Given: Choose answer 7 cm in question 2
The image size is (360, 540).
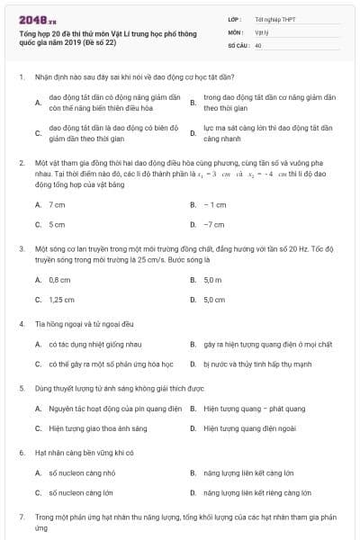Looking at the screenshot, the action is point(57,205).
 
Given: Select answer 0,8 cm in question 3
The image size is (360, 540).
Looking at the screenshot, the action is point(59,280).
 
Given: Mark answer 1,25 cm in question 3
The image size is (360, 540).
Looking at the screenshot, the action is point(61,299).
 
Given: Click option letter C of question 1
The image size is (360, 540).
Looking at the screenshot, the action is point(38,134).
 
